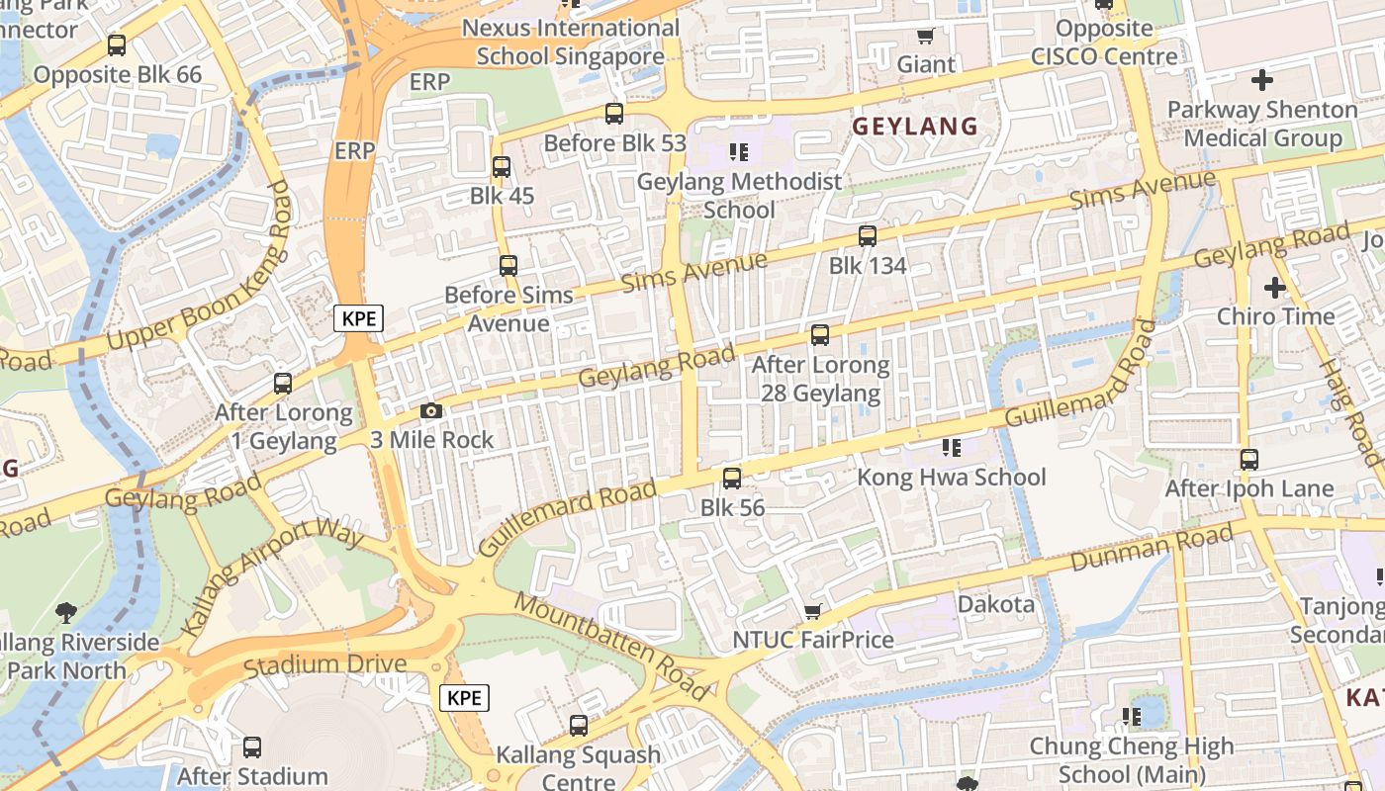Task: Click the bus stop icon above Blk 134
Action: point(868,236)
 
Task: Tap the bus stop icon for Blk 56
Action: point(732,479)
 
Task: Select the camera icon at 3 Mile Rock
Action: point(431,410)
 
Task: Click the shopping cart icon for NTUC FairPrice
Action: point(813,611)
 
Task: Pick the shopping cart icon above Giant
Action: point(925,37)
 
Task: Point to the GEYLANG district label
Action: point(915,127)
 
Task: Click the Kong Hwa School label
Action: point(951,478)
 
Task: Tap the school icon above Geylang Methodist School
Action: point(739,151)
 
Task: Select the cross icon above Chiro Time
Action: point(1275,288)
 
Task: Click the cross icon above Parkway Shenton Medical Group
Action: point(1262,80)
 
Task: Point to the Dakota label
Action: point(995,604)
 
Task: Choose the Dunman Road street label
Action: point(1154,548)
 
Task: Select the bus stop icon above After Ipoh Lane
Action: point(1249,460)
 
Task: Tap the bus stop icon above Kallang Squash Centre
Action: point(579,726)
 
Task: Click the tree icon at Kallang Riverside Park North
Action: point(66,613)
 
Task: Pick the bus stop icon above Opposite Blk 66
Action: point(117,45)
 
